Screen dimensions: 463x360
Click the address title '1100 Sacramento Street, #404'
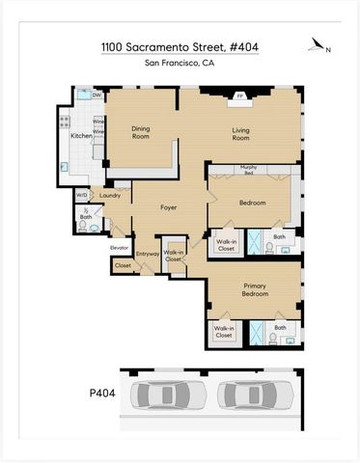point(180,46)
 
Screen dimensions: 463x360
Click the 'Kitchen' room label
point(82,136)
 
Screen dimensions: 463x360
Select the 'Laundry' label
point(108,196)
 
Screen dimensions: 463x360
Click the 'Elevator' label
point(121,247)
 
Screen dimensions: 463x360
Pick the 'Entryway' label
point(147,255)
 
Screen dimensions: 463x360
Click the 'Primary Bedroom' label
point(254,289)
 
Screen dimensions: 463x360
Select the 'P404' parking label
point(90,395)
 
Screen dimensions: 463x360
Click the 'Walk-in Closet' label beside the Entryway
point(174,255)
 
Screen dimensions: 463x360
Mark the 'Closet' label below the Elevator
point(123,264)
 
